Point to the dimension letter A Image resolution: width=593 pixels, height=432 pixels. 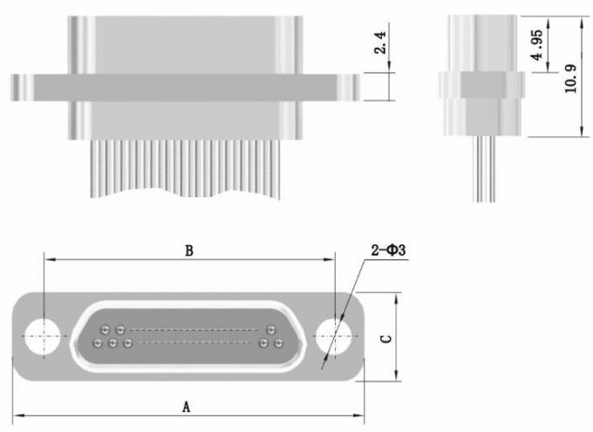(x=186, y=406)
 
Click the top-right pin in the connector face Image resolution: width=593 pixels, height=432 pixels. (x=270, y=330)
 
